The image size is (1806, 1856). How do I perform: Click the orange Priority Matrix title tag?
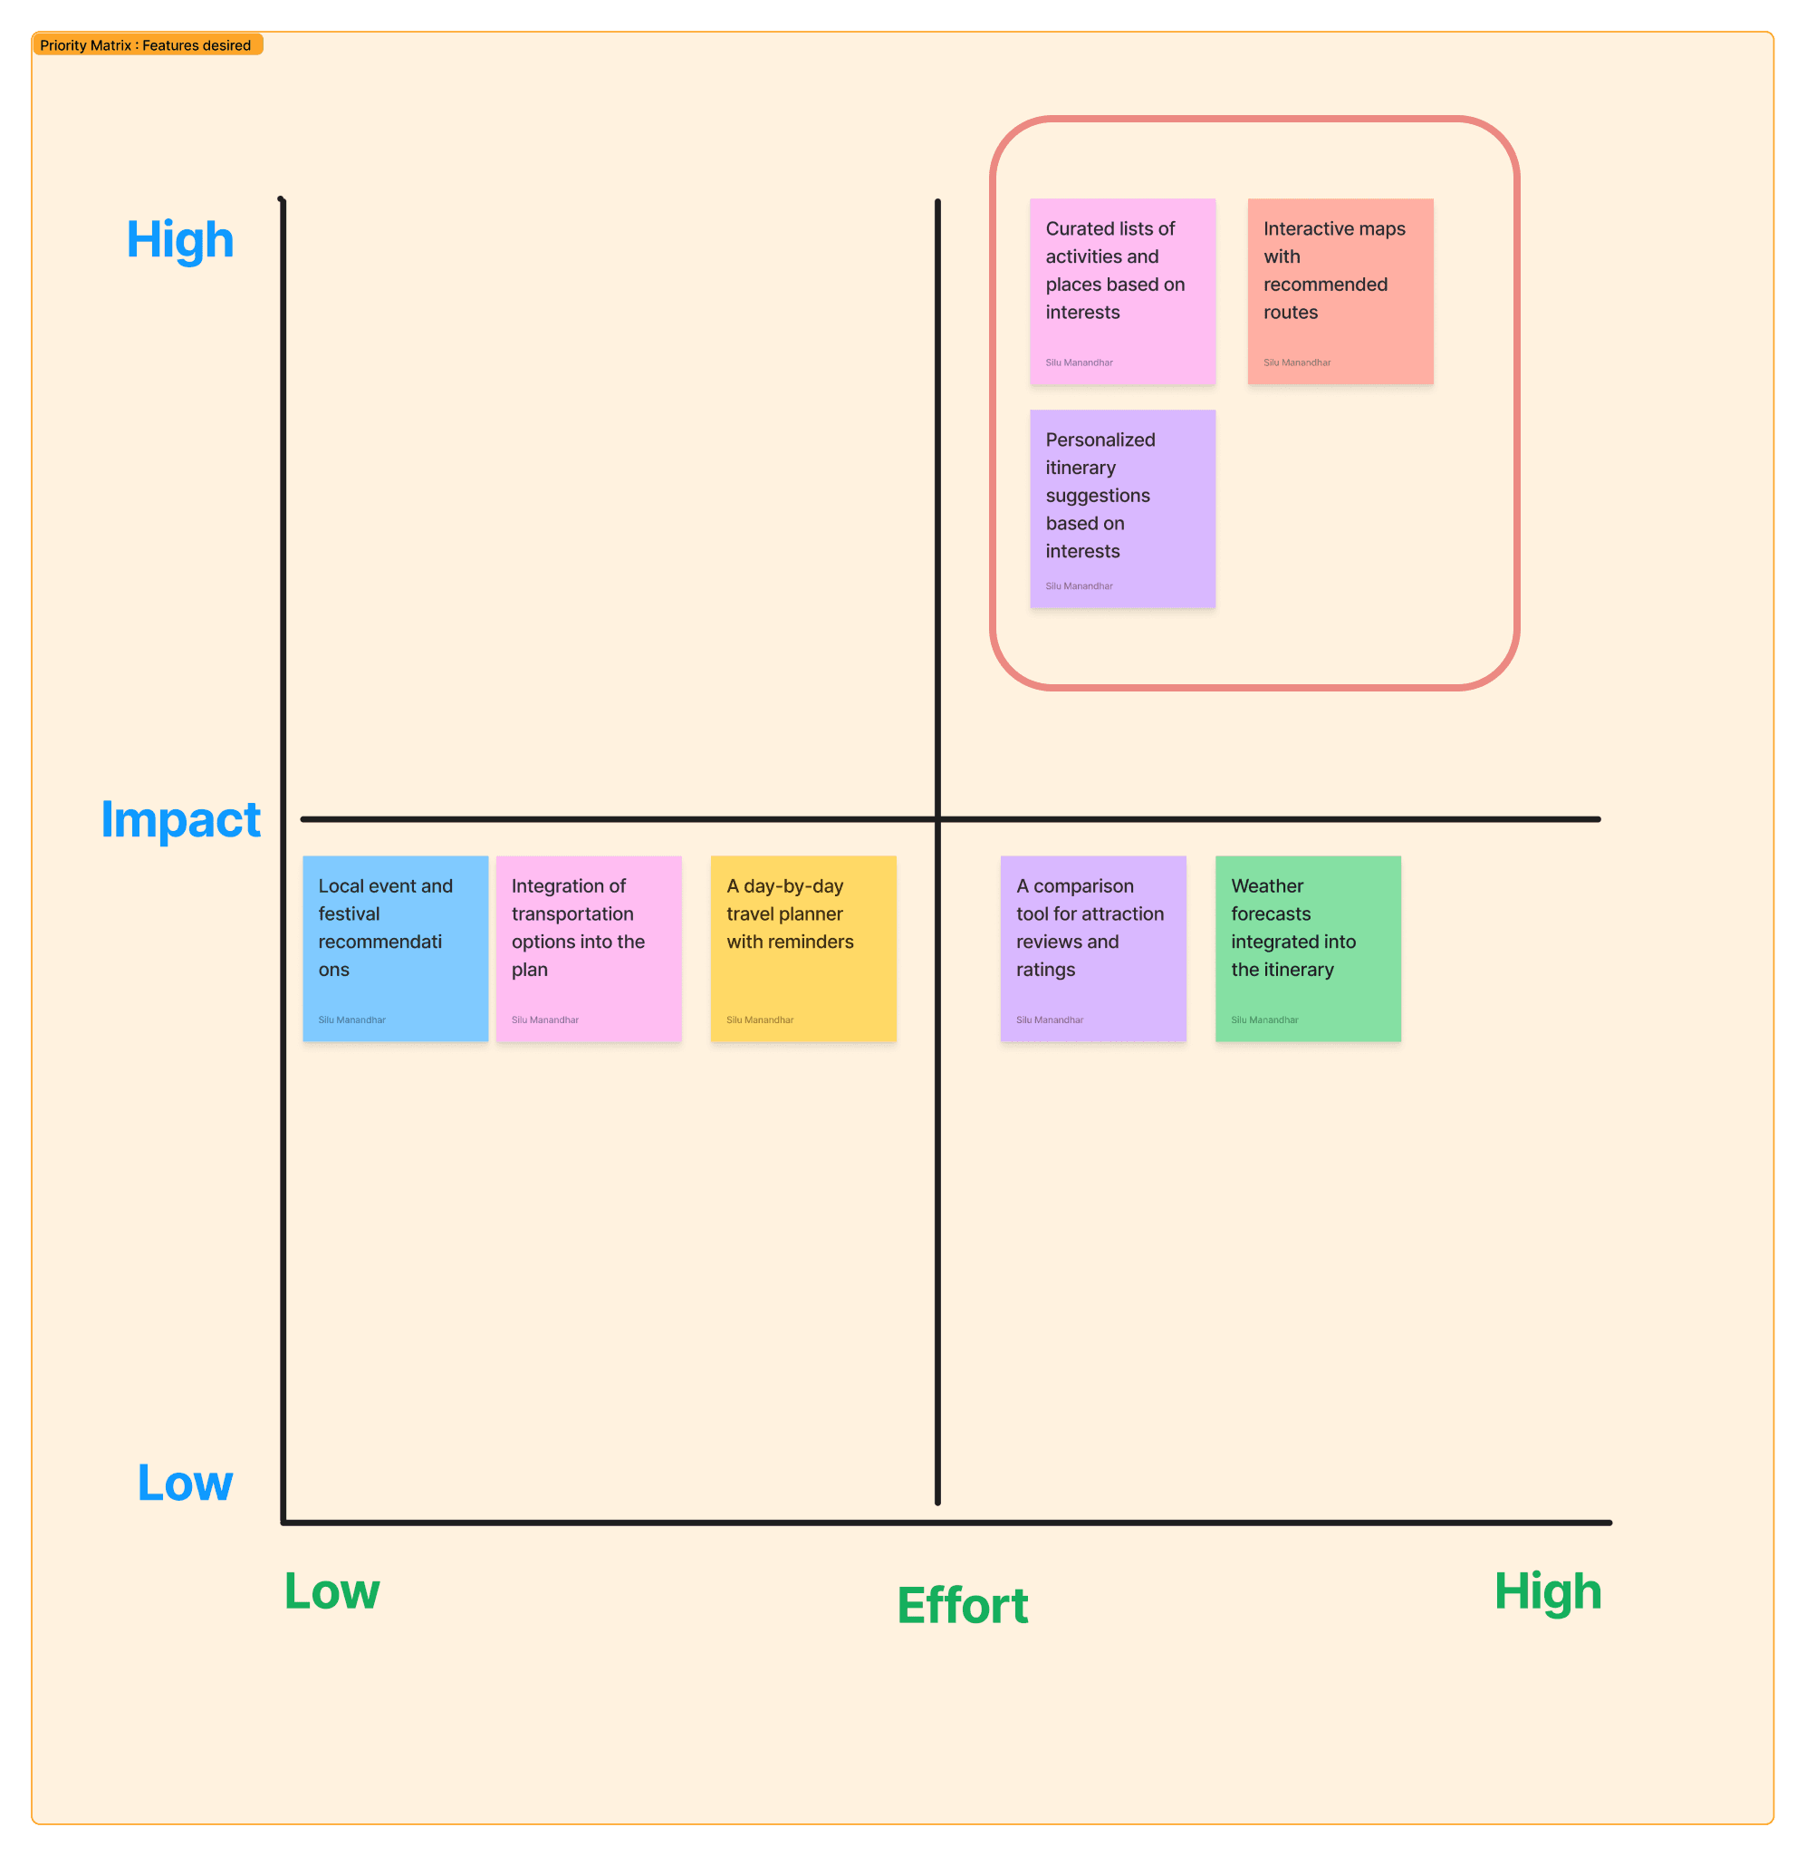point(147,45)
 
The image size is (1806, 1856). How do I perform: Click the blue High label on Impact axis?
point(180,240)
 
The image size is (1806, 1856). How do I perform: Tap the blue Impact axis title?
point(180,820)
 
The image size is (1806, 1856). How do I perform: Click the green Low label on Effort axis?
point(332,1591)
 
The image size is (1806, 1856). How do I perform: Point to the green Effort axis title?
point(963,1606)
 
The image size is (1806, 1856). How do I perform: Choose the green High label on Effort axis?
point(1548,1591)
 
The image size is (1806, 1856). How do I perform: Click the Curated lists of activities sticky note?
point(1122,291)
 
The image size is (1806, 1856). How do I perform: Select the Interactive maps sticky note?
point(1340,291)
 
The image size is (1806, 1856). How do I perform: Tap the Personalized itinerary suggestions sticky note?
point(1122,508)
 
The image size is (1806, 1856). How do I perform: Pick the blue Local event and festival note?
point(396,949)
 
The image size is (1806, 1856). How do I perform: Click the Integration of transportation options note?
point(589,949)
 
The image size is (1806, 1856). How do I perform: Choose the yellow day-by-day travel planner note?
point(803,949)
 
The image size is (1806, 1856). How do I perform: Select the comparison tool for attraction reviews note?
point(1092,949)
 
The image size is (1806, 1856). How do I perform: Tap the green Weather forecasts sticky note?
point(1308,949)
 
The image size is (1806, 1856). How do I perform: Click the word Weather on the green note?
point(1267,886)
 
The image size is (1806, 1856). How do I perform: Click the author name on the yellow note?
point(760,1020)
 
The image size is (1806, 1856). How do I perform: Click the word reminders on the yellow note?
point(817,942)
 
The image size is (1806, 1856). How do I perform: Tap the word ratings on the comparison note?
point(1045,970)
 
